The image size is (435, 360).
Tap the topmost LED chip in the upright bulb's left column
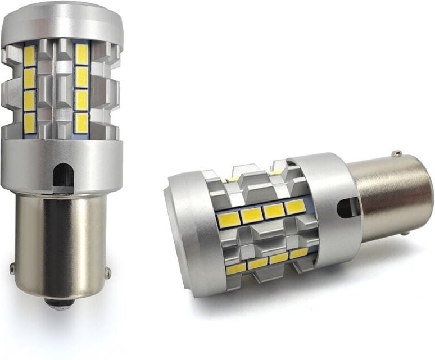click(30, 56)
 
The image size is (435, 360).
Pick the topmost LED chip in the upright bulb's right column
click(82, 55)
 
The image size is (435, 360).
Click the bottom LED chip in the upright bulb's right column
click(82, 123)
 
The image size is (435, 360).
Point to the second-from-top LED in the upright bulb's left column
click(30, 77)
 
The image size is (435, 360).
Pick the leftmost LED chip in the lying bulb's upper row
click(229, 220)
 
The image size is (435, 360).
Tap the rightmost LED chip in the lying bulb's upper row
click(295, 207)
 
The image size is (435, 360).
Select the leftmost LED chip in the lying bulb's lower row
click(236, 268)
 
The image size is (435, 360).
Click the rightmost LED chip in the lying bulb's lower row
click(298, 253)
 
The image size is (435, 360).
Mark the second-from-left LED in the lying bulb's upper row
click(251, 215)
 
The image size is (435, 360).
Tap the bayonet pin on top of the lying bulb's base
click(397, 153)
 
